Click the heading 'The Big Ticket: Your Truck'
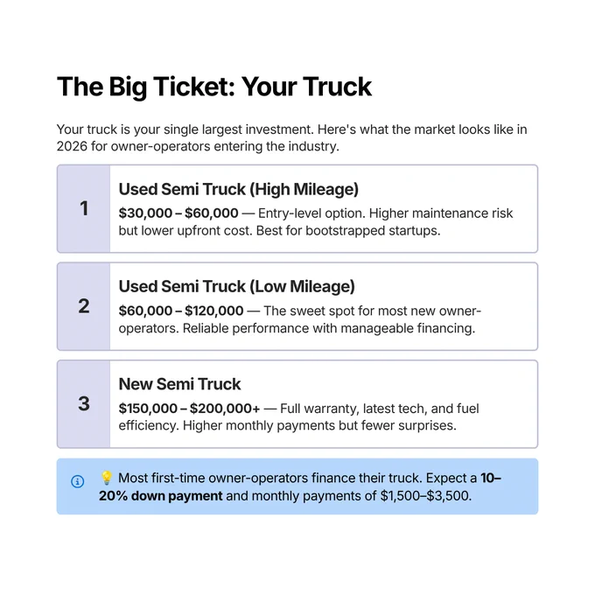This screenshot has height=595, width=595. (214, 87)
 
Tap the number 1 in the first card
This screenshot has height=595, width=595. (84, 208)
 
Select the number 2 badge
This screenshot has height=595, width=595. (84, 306)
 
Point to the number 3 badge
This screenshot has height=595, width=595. (84, 403)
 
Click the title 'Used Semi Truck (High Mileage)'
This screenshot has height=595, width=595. (238, 189)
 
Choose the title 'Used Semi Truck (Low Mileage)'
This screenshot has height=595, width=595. (237, 286)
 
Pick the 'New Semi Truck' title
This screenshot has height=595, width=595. (179, 384)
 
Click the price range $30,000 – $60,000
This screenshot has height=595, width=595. (178, 213)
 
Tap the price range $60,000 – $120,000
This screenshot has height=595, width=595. (181, 311)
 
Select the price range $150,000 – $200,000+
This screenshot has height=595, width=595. (189, 409)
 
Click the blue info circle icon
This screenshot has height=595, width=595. (77, 481)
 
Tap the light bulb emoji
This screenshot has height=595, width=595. (107, 478)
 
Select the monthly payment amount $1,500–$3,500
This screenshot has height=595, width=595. (426, 496)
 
